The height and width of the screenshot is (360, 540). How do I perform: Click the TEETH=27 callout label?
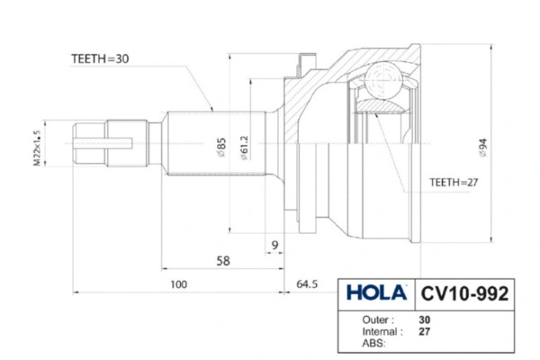tap(452, 182)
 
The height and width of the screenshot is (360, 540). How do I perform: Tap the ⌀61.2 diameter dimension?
tap(244, 145)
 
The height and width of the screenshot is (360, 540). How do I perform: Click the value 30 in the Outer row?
tap(424, 319)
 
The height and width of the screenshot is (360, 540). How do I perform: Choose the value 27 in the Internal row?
tap(424, 331)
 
